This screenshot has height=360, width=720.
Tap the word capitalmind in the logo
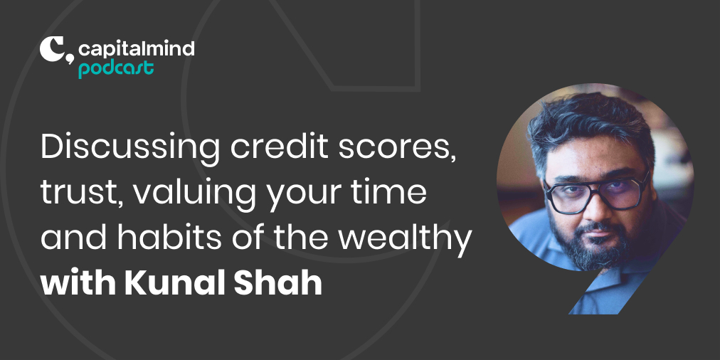tap(136, 50)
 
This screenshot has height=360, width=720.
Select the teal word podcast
tap(115, 69)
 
